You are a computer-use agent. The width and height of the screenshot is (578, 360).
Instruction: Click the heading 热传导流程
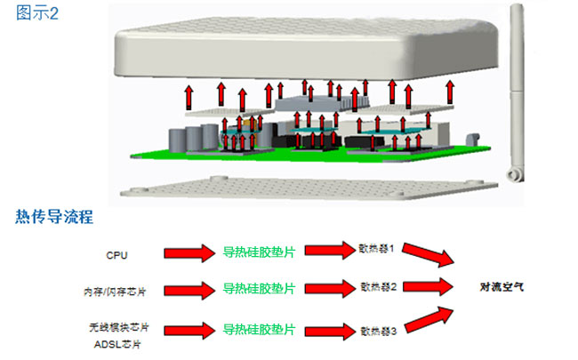pos(56,216)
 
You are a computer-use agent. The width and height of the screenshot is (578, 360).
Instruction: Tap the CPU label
pos(116,255)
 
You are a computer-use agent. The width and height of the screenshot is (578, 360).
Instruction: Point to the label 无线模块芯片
pos(112,325)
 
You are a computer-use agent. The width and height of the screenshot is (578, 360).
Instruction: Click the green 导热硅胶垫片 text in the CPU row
pos(258,253)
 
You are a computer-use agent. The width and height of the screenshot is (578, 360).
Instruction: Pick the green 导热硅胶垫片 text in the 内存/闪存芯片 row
pos(258,289)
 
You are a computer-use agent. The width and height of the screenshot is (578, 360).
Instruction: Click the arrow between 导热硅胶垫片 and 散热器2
pos(325,289)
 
